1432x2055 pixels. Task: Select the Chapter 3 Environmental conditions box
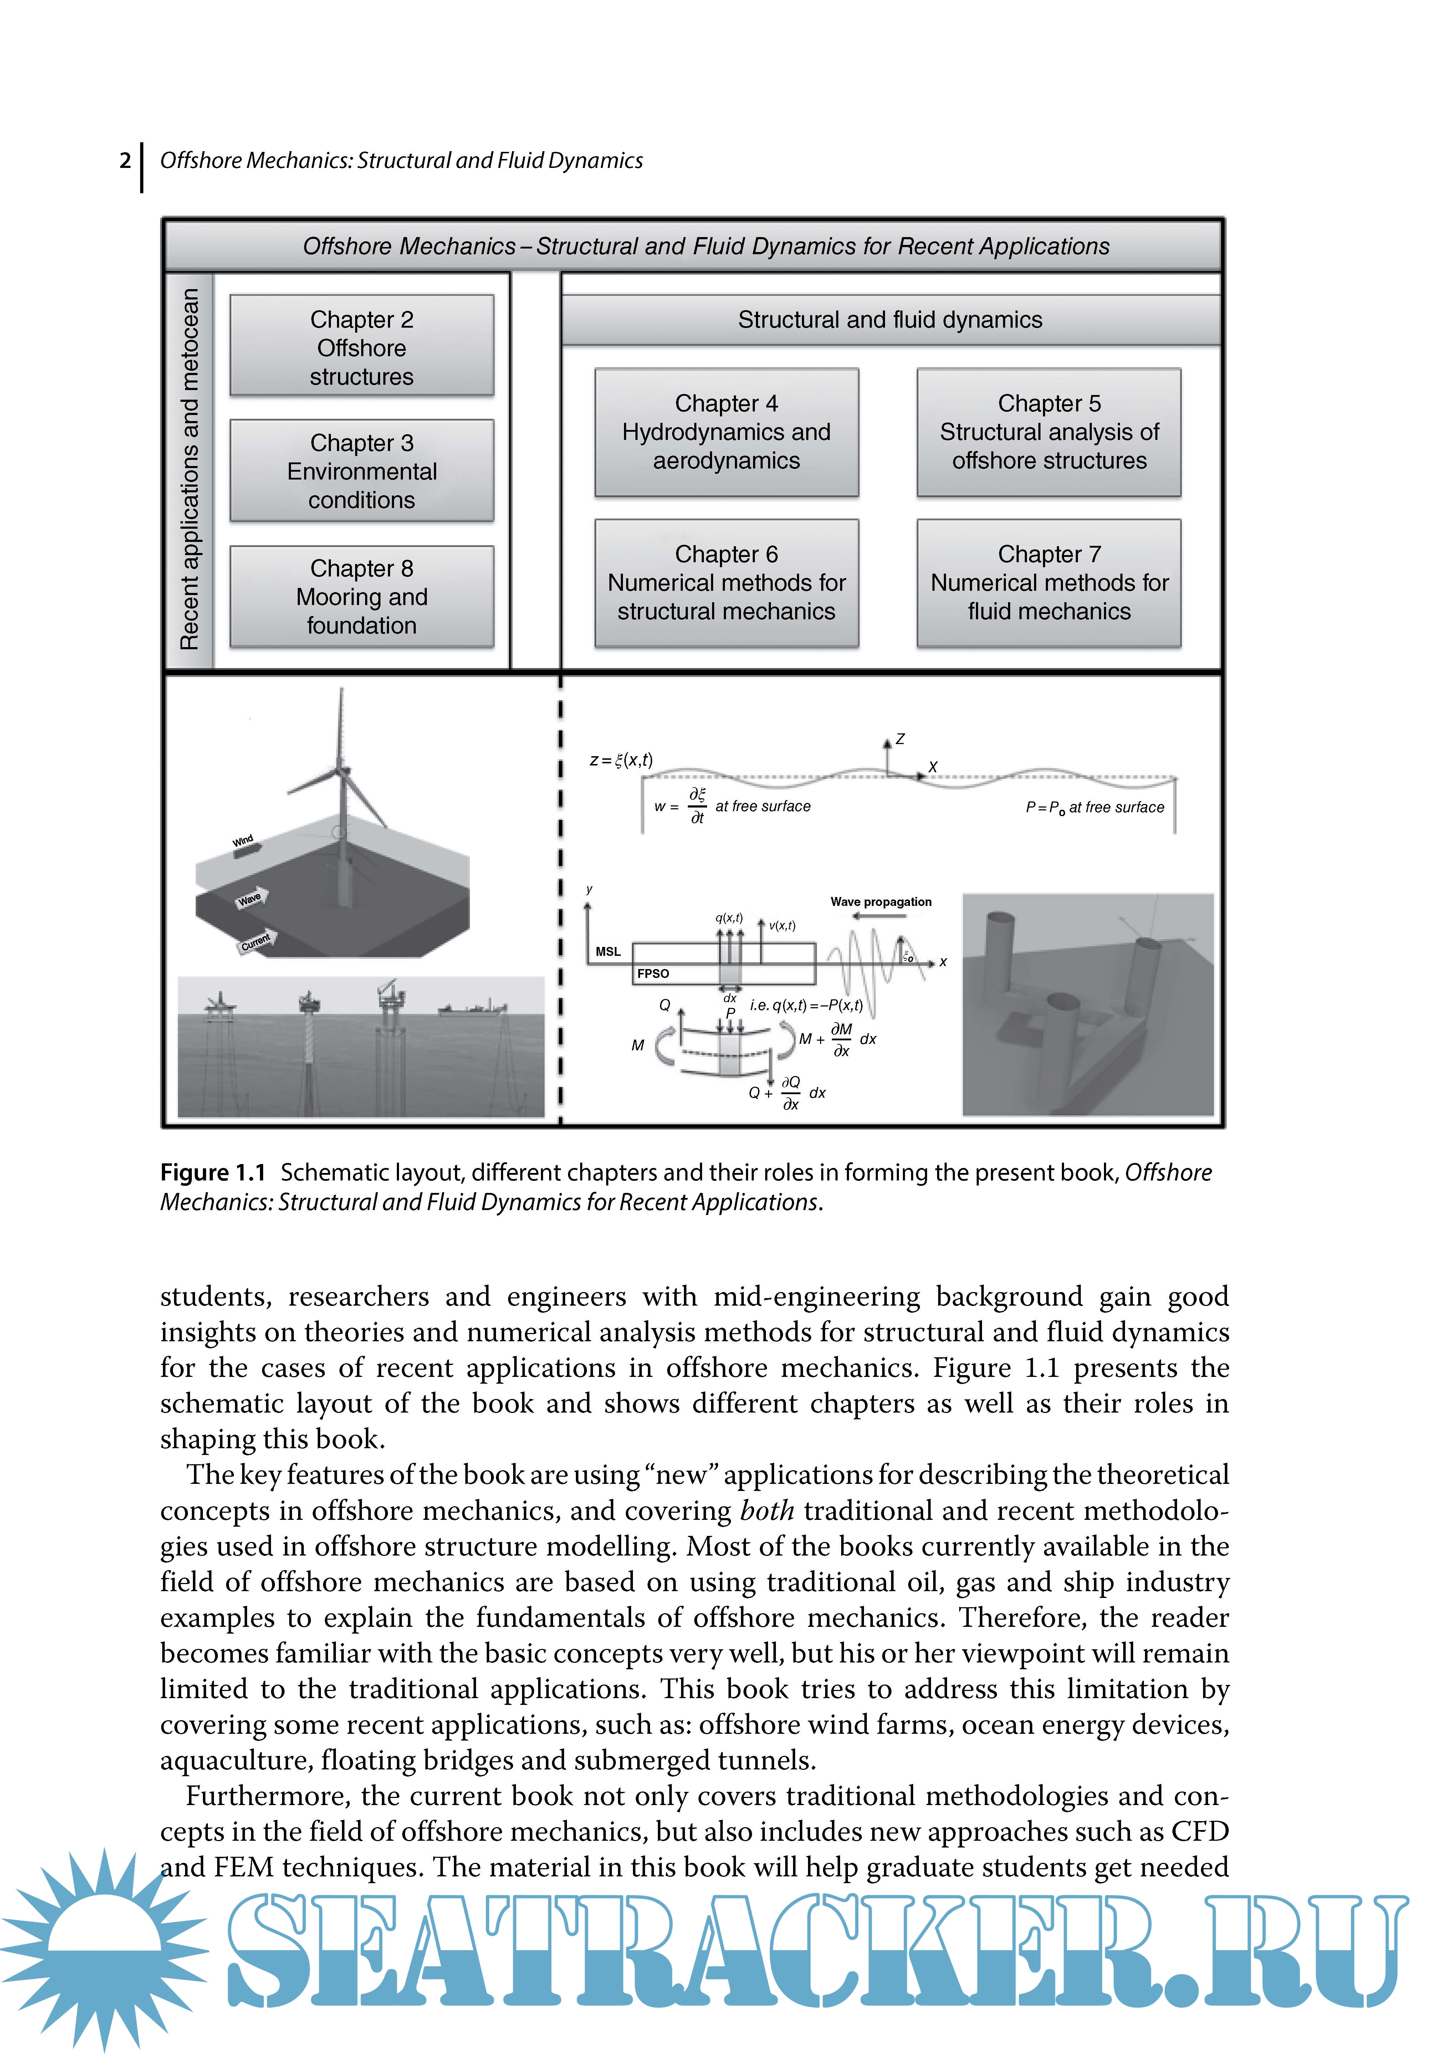coord(362,471)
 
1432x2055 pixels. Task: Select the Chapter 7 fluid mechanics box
coord(1049,583)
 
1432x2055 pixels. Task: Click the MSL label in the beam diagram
coord(609,952)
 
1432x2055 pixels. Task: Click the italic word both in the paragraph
coord(767,1511)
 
